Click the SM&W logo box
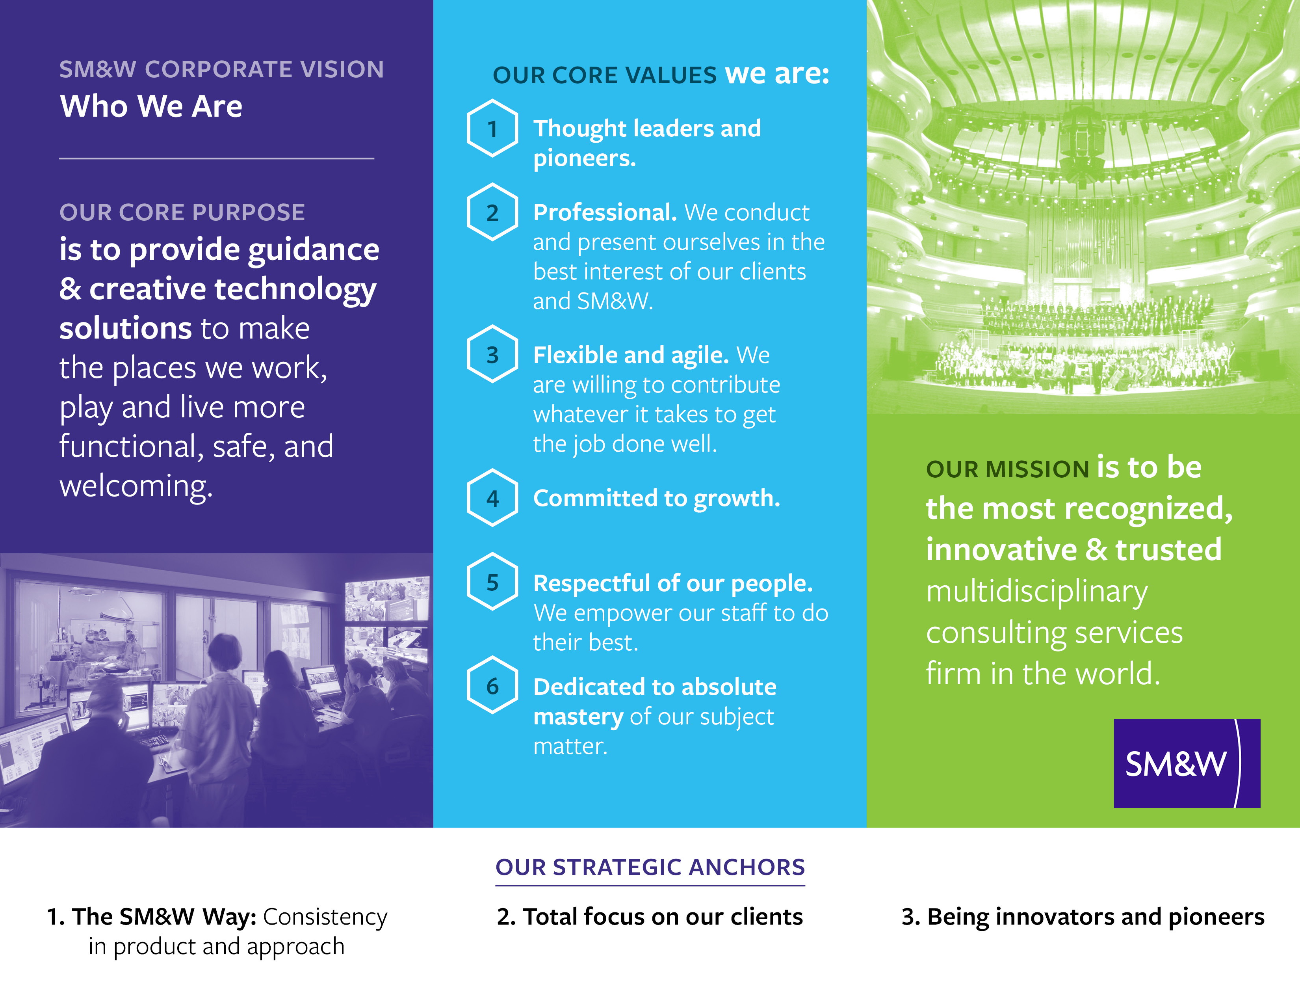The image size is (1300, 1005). (1187, 763)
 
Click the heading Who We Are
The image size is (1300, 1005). (151, 106)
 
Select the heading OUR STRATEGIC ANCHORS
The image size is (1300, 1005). (650, 867)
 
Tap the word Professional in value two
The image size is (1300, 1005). (605, 212)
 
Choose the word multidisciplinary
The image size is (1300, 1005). (1037, 592)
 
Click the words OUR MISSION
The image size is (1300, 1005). (1008, 469)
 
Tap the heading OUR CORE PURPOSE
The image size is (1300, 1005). (182, 212)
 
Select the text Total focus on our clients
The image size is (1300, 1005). (663, 917)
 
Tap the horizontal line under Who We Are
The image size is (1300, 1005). (217, 158)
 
